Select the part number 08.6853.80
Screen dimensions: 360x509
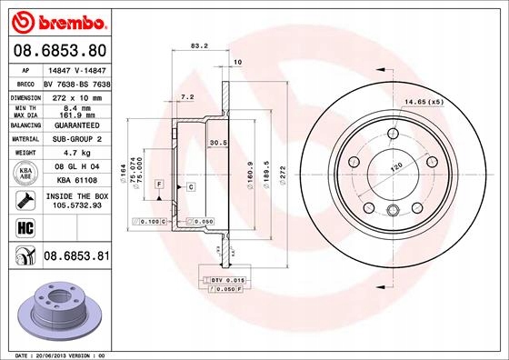coord(59,50)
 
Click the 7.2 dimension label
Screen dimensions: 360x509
coord(188,95)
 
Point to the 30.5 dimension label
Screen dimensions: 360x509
coord(218,142)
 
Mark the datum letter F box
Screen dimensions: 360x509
coord(159,185)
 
